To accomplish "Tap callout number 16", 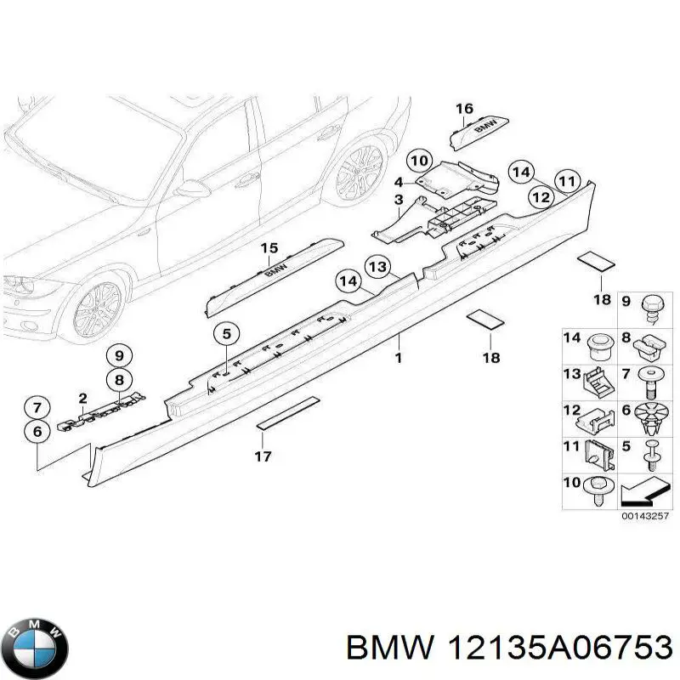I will click(463, 109).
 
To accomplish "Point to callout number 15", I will click(269, 248).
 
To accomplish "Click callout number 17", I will click(263, 456).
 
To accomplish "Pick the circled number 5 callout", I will click(226, 335).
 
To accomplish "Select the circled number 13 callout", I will click(377, 268).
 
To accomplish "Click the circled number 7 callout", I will click(37, 407).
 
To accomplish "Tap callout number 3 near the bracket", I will click(398, 199).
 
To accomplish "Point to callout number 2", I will click(82, 398).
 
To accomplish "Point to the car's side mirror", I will click(192, 189).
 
